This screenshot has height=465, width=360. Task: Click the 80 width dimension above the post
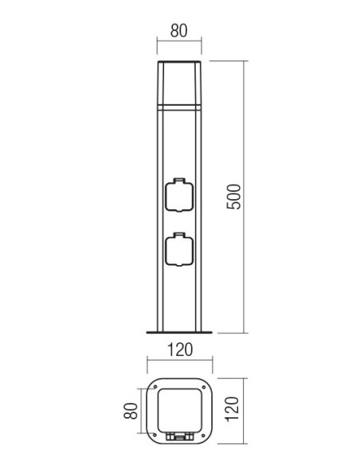179,30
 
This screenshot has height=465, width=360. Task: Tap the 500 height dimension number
233,197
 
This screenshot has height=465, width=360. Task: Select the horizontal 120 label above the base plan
180,350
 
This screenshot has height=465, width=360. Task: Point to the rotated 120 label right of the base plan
233,409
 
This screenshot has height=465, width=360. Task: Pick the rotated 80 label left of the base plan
131,411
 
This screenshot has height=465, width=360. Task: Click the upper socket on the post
179,195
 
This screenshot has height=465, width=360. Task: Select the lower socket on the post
179,249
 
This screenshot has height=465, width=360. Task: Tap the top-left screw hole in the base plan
155,387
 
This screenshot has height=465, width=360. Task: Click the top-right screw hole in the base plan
203,387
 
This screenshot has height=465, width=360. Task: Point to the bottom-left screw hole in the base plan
155,435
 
